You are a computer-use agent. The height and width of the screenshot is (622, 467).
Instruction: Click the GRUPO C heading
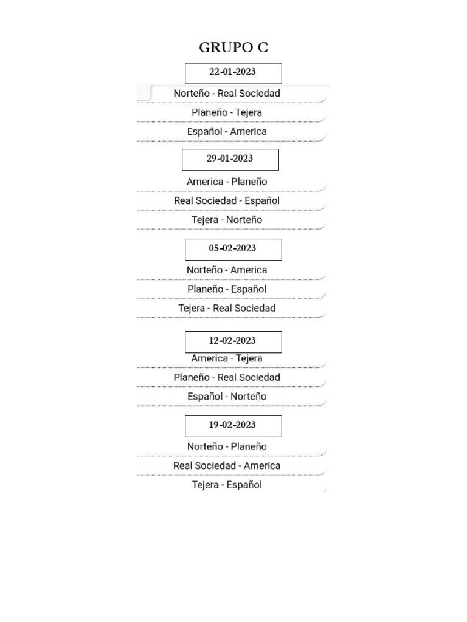pos(233,48)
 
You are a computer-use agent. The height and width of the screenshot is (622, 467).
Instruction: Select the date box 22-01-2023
pos(233,72)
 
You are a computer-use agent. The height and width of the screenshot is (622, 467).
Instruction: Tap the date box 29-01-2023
pos(230,159)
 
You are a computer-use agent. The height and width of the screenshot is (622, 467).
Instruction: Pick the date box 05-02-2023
pos(233,248)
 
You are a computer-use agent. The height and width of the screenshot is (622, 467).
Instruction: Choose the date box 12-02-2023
pos(233,341)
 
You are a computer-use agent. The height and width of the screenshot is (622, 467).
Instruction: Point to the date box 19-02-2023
pos(233,425)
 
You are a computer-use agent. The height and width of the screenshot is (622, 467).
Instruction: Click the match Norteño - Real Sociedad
pos(227,94)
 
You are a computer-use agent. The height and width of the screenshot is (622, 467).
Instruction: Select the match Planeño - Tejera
pos(227,112)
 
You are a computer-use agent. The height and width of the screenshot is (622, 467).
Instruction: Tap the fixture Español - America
pos(227,131)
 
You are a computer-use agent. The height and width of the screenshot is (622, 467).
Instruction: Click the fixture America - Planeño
pos(227,182)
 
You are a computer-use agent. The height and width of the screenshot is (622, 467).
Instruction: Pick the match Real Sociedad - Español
pos(227,200)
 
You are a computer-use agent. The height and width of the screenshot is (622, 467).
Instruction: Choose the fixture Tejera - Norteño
pos(227,219)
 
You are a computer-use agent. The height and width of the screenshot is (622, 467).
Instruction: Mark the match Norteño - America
pos(227,270)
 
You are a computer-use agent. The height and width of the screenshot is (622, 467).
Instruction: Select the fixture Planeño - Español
pos(227,289)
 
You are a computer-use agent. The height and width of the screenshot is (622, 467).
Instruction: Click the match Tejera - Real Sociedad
pos(227,308)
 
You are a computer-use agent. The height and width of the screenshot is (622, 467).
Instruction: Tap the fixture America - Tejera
pos(227,358)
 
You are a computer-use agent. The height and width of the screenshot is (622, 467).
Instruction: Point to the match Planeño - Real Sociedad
pos(227,377)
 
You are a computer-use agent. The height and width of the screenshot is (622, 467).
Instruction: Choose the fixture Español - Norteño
pos(227,396)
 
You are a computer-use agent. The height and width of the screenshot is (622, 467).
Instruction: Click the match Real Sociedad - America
pos(227,465)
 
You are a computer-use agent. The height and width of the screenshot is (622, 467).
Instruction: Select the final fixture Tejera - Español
pos(227,485)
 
